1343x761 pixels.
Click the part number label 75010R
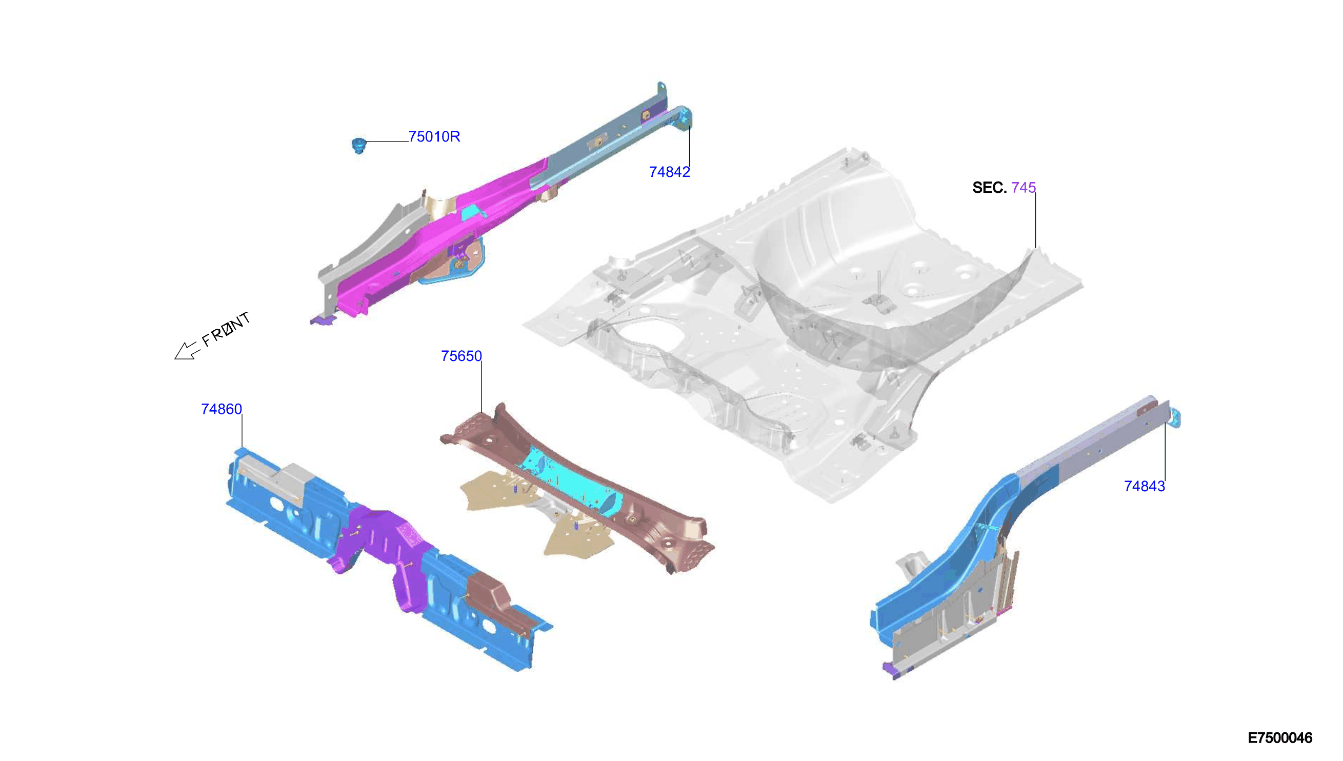(x=434, y=137)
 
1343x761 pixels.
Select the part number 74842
(x=669, y=172)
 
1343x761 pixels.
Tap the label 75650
(x=461, y=356)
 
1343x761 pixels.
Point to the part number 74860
(x=222, y=409)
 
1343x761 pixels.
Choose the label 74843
(x=1145, y=487)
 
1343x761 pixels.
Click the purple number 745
(x=1023, y=188)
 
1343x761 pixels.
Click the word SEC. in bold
(x=989, y=188)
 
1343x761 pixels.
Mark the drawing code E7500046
(x=1280, y=738)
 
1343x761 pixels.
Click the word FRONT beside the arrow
(x=226, y=329)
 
